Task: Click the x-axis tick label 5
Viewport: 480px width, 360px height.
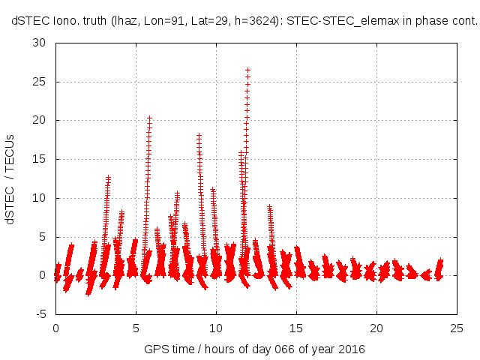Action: point(136,328)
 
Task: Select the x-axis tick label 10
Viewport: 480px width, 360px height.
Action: point(216,328)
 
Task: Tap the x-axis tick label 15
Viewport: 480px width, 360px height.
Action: point(296,328)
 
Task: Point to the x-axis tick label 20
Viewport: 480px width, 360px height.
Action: point(376,328)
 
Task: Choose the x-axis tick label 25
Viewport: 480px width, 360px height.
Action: point(457,328)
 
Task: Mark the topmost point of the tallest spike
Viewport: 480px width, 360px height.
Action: point(247,70)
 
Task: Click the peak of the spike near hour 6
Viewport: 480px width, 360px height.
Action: point(149,118)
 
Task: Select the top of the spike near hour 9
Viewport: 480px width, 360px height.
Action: point(199,136)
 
